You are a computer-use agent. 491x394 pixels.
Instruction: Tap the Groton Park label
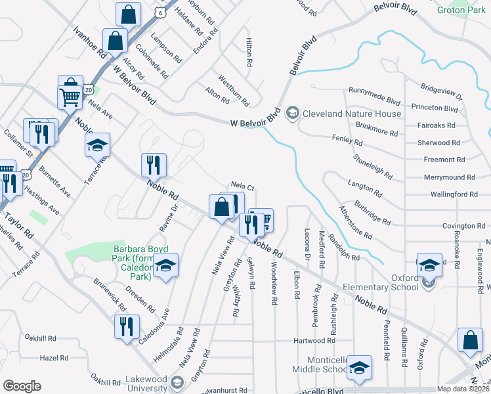[x=461, y=10]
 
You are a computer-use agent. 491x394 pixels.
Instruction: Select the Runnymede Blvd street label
[x=375, y=100]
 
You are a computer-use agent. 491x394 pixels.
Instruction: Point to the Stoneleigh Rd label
[x=373, y=167]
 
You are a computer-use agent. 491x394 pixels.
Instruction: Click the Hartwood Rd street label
[x=313, y=341]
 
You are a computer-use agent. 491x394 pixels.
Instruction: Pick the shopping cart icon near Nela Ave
[x=70, y=97]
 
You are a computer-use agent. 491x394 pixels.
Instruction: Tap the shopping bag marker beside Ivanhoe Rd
[x=115, y=40]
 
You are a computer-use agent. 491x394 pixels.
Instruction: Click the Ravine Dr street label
[x=169, y=218]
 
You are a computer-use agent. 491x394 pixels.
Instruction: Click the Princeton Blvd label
[x=435, y=108]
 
